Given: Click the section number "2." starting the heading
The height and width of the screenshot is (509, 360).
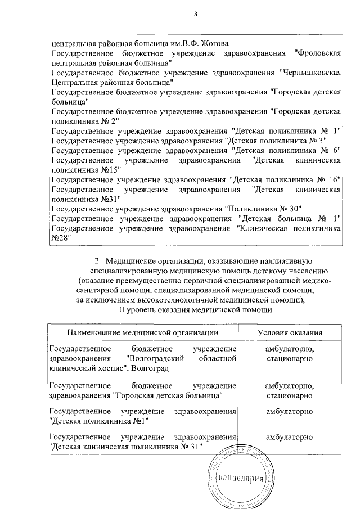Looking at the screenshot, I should [97, 260].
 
